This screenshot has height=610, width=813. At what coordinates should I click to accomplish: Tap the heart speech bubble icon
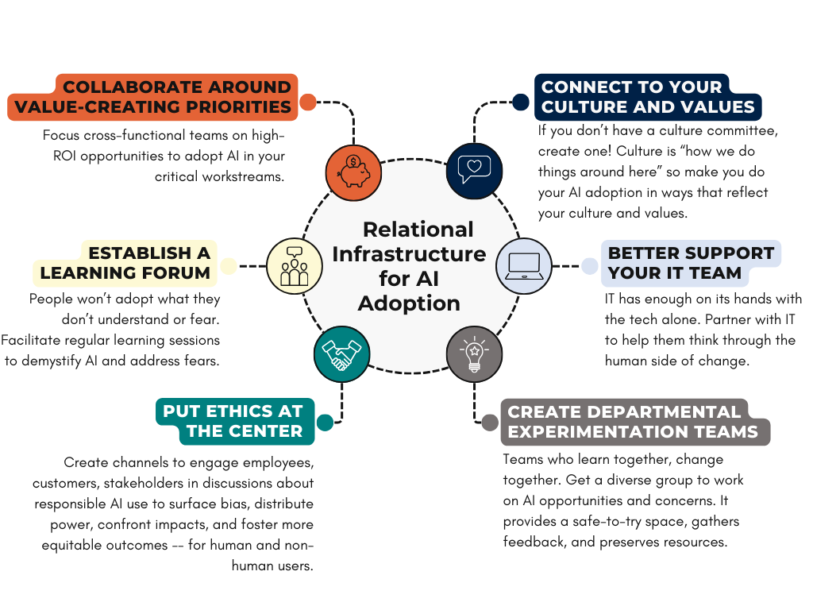475,169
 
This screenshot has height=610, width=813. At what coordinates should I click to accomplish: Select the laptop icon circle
524,265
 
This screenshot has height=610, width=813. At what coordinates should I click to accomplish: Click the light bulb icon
474,355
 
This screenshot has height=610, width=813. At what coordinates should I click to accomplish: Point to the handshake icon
341,355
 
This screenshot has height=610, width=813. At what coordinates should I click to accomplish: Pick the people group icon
294,265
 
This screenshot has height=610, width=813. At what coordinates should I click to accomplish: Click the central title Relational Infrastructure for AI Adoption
409,266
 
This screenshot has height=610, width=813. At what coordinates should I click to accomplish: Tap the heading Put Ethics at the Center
233,422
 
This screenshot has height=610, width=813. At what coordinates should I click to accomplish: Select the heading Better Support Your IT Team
691,263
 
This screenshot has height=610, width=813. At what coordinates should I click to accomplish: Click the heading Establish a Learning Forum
126,263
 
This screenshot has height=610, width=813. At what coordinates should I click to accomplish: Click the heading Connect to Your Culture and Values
646,97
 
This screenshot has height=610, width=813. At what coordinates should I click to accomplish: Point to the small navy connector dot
521,102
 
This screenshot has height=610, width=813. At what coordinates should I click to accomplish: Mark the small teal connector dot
325,422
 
